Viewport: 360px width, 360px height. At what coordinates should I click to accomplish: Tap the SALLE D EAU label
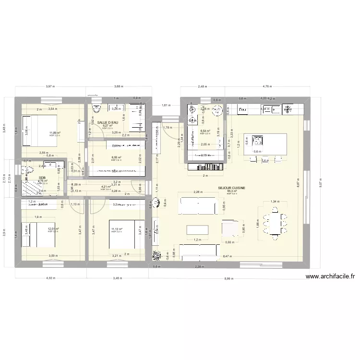pyautogui.click(x=107, y=123)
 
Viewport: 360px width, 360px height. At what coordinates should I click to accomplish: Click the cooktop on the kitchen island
pyautogui.click(x=259, y=141)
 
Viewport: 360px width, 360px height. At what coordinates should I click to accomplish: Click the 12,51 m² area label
pyautogui.click(x=53, y=229)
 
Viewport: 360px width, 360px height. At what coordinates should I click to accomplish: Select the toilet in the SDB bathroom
pyautogui.click(x=29, y=170)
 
